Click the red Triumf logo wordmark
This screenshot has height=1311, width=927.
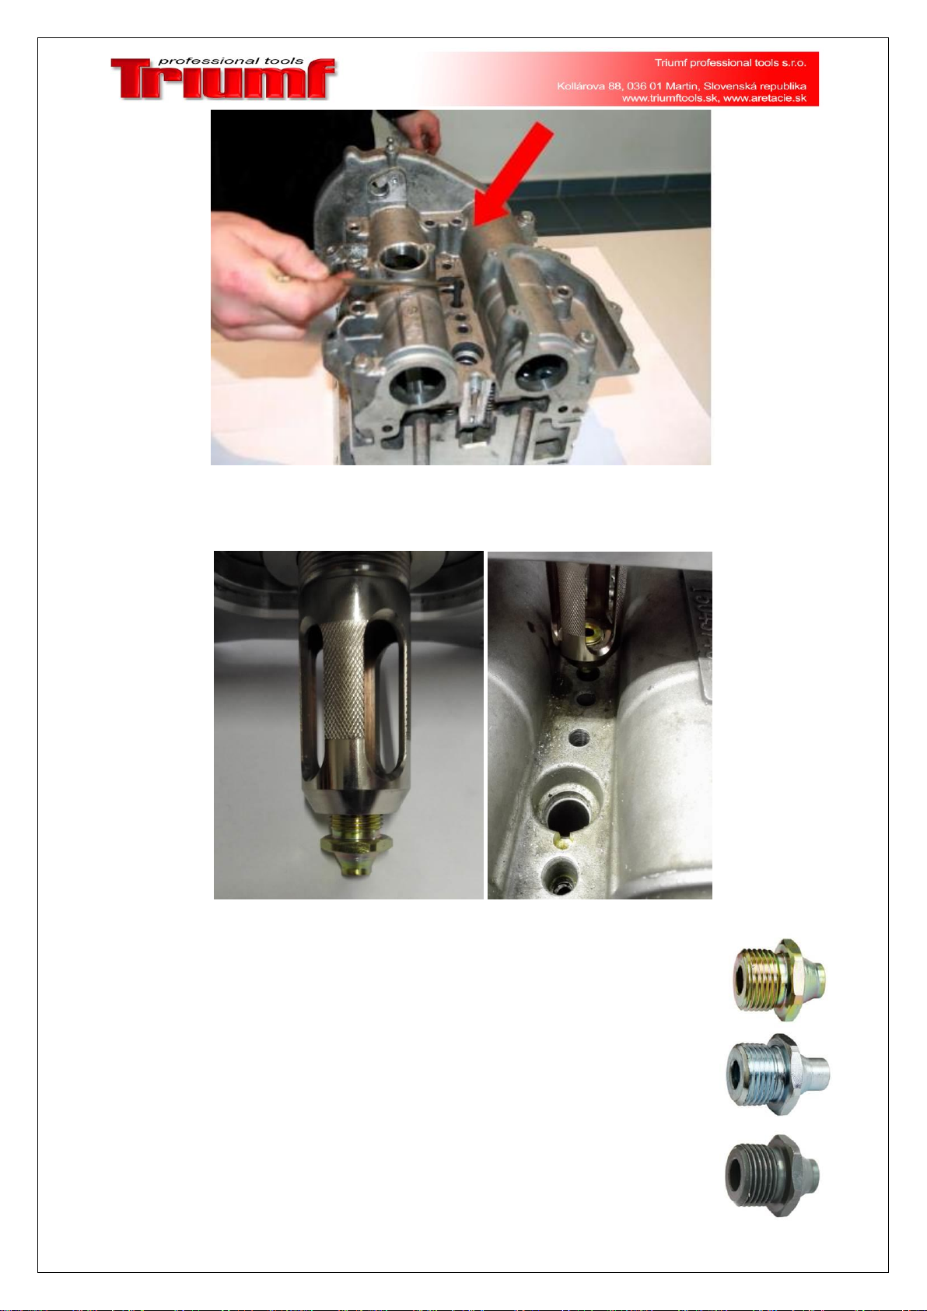click(223, 79)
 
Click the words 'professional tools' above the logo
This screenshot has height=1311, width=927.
click(231, 61)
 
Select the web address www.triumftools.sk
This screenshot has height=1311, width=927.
click(670, 98)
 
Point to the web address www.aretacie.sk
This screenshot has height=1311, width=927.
click(765, 98)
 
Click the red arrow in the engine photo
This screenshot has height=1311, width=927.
click(513, 174)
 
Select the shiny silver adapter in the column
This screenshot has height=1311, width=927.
click(778, 1074)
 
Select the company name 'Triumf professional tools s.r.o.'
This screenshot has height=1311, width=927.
click(730, 62)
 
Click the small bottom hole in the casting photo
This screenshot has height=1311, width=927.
click(559, 878)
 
